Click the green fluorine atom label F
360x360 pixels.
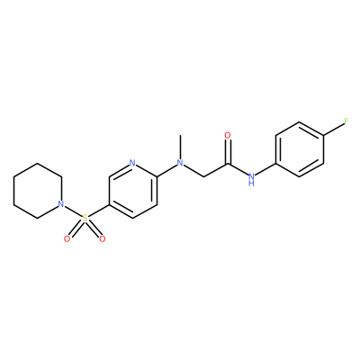click(346, 121)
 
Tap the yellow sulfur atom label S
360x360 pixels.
click(85, 218)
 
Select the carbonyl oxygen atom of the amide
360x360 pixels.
click(228, 136)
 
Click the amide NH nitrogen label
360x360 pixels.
click(251, 178)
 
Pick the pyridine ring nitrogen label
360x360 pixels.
click(132, 163)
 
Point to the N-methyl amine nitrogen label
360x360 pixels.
click(180, 163)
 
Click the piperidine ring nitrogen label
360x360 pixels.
click(61, 204)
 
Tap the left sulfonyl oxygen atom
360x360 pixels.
click(67, 239)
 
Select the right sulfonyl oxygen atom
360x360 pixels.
click(103, 239)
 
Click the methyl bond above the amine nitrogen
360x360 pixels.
click(180, 147)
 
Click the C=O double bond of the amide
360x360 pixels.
click(228, 152)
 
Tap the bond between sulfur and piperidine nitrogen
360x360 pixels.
click(73, 211)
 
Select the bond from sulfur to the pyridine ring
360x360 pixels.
click(98, 211)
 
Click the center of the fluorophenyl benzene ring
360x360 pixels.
click(300, 149)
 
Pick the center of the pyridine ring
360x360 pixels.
click(132, 191)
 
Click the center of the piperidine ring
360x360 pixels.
click(37, 191)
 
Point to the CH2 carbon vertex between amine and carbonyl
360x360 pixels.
click(204, 177)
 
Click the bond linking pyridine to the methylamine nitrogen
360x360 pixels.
click(166, 170)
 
